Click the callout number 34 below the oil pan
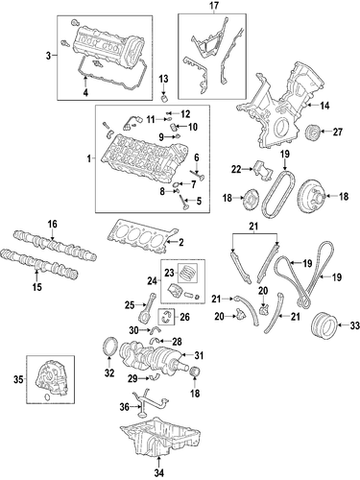click(x=159, y=472)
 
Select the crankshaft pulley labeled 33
click(x=324, y=325)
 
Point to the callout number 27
click(x=338, y=132)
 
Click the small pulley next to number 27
click(x=312, y=132)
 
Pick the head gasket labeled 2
click(x=142, y=238)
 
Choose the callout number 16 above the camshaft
click(x=53, y=224)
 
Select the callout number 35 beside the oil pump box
click(x=18, y=380)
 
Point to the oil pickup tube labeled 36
click(x=151, y=403)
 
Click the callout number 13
click(x=163, y=79)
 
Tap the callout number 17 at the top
click(x=213, y=6)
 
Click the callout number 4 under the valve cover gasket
click(x=85, y=92)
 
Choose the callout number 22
click(x=236, y=169)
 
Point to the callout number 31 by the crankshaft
click(x=199, y=355)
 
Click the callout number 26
click(x=184, y=317)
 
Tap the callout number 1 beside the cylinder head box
click(x=89, y=158)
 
